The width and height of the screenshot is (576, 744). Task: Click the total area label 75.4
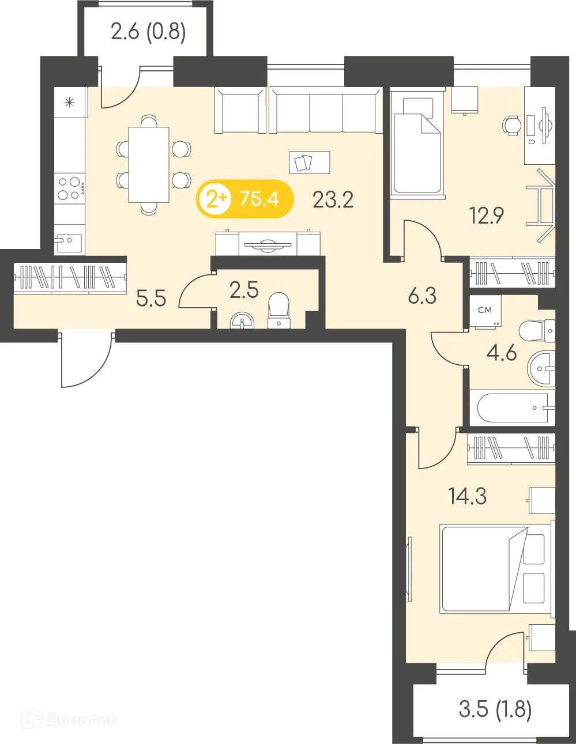259,199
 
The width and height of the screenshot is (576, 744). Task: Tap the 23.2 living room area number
333,200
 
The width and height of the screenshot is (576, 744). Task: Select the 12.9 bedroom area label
486,216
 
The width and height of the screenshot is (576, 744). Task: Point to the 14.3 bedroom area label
467,496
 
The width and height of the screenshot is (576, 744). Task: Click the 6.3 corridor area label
422,296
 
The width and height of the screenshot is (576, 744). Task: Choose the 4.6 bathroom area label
501,353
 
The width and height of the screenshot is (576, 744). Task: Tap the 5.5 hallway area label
151,299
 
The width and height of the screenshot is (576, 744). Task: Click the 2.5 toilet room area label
244,290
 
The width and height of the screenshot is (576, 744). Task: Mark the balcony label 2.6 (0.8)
148,31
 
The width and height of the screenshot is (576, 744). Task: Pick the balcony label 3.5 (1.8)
495,709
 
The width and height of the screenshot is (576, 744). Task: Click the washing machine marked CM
485,312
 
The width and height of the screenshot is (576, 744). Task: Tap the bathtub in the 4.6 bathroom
512,408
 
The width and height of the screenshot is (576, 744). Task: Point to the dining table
149,165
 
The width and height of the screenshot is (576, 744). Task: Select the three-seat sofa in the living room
326,111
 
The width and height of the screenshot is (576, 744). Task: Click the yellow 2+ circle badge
215,199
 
